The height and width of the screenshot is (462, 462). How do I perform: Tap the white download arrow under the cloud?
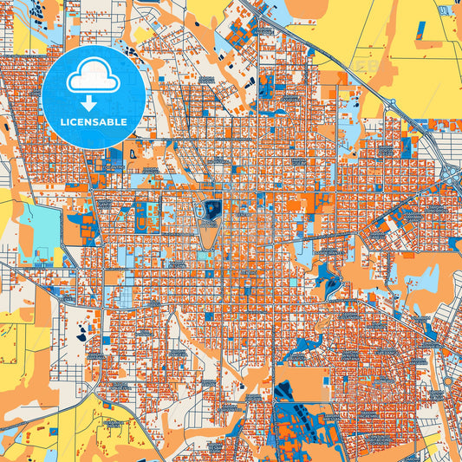click(93, 101)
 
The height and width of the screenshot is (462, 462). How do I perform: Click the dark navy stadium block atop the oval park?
click(211, 208)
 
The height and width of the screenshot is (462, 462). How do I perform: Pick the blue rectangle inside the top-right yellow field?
click(422, 29)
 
